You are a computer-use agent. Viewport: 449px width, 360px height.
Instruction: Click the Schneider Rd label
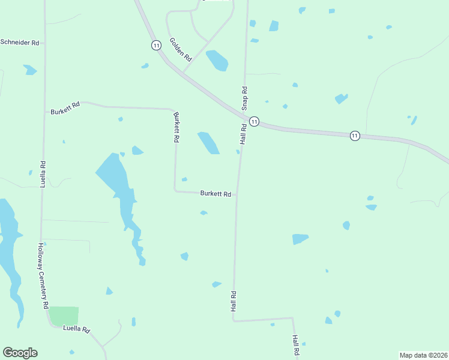[x=20, y=43]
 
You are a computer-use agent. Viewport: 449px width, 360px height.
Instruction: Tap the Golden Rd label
[x=180, y=50]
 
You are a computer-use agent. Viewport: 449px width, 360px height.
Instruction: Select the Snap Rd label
[x=244, y=98]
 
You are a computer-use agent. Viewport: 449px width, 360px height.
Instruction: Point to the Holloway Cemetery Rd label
[x=43, y=275]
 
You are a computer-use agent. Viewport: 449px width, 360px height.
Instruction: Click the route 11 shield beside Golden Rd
[x=156, y=45]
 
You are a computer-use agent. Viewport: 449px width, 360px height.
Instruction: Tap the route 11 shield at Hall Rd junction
[x=255, y=121]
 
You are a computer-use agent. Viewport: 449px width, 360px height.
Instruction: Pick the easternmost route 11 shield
[x=355, y=136]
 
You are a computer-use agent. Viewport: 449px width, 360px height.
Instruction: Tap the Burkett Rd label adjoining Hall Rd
[x=215, y=194]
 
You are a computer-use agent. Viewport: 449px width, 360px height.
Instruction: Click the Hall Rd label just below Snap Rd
[x=244, y=134]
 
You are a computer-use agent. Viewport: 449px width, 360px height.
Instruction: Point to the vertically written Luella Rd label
[x=43, y=174]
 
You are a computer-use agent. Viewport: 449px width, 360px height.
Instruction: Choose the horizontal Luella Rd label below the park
[x=76, y=329]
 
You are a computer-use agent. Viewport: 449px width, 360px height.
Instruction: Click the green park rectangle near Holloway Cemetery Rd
[x=64, y=316]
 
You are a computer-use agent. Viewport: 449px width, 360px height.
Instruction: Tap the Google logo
[x=20, y=353]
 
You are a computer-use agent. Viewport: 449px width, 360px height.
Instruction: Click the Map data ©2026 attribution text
[x=424, y=355]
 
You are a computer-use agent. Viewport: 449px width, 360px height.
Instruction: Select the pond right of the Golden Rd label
[x=217, y=60]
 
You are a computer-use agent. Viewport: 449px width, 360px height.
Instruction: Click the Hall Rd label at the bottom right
[x=296, y=347]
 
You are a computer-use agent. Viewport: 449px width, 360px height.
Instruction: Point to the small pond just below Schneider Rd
[x=30, y=70]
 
